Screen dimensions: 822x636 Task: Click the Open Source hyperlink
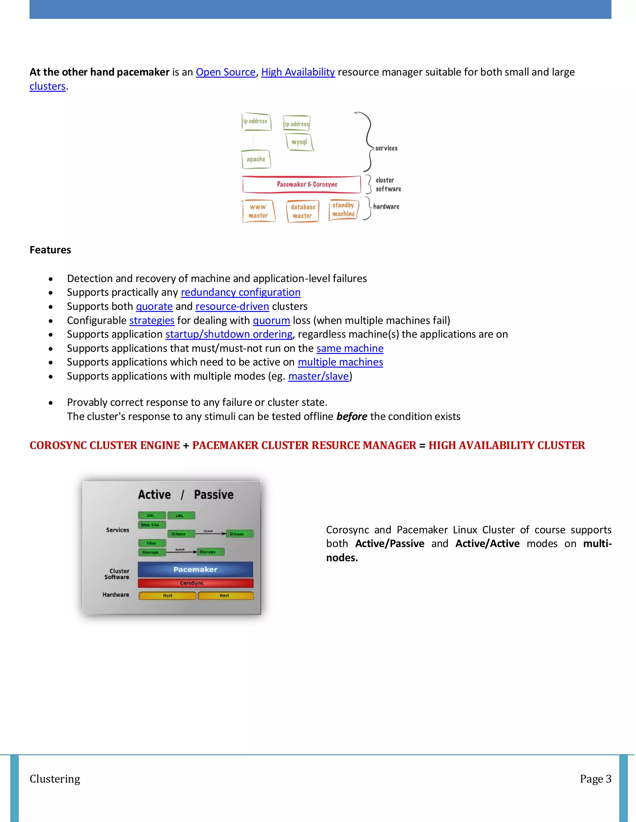225,72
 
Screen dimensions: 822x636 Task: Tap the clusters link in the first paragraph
48,86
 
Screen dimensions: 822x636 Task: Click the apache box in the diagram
256,159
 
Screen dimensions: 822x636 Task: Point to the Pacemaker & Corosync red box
302,185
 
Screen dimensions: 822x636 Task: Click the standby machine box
343,210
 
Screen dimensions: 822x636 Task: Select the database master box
302,211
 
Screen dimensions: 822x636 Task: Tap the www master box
258,211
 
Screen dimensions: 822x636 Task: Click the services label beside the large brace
386,148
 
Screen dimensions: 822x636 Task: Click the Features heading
50,250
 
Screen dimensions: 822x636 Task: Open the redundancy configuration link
240,293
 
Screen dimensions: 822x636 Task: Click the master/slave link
318,376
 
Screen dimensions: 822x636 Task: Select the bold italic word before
352,416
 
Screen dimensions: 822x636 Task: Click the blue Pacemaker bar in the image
195,569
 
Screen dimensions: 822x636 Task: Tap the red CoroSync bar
195,583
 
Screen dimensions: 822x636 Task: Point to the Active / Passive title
185,494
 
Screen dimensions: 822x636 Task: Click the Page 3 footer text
595,779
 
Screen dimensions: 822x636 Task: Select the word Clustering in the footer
55,779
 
